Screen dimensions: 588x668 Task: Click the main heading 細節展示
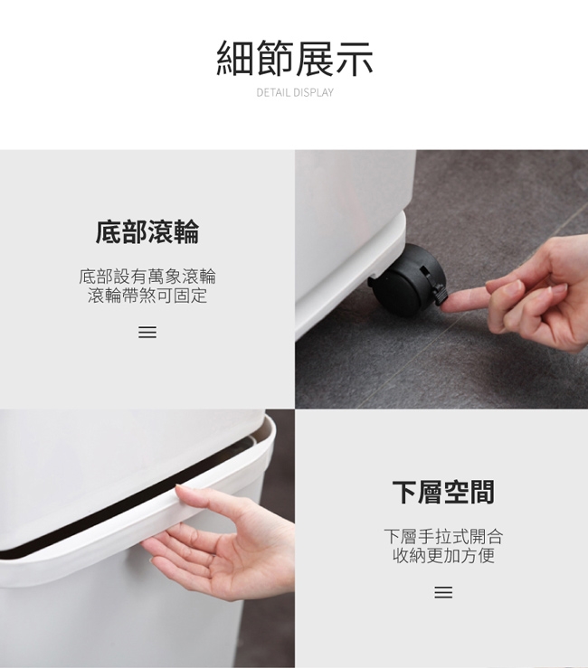(295, 59)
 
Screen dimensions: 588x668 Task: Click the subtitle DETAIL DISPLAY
(295, 92)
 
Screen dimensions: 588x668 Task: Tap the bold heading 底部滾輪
(147, 232)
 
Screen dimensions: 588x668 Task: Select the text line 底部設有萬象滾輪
(147, 277)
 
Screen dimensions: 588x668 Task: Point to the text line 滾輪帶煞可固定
(147, 296)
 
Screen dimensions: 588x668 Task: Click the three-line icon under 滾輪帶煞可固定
(147, 333)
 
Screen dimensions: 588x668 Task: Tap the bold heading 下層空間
(443, 492)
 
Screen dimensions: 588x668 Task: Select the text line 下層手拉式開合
(443, 536)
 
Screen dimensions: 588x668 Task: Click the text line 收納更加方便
(443, 556)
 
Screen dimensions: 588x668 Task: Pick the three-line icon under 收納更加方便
(443, 592)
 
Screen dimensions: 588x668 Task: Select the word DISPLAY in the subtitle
(313, 92)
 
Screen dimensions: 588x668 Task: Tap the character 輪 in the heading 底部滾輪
(186, 232)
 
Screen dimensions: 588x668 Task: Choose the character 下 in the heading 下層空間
(404, 492)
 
